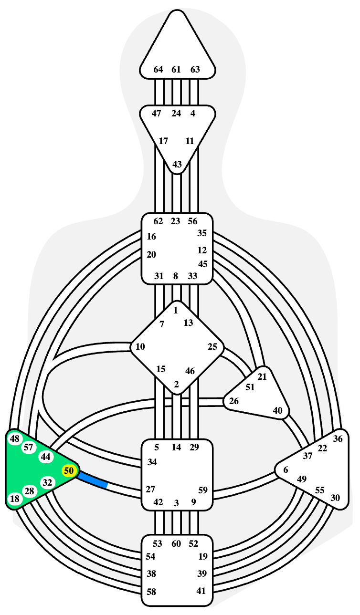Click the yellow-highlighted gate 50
69,470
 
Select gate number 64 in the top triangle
158,70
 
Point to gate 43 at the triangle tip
177,164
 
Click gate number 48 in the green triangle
15,439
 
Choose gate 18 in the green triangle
15,499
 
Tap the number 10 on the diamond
140,347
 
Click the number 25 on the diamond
212,347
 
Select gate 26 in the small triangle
233,401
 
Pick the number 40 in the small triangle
277,410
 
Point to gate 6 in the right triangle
286,470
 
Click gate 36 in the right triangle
338,439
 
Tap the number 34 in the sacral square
152,462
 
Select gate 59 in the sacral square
203,490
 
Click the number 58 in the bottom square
151,592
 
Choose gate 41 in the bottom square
201,591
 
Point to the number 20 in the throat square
151,255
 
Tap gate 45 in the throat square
203,264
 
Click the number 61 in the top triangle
176,70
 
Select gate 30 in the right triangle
335,498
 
